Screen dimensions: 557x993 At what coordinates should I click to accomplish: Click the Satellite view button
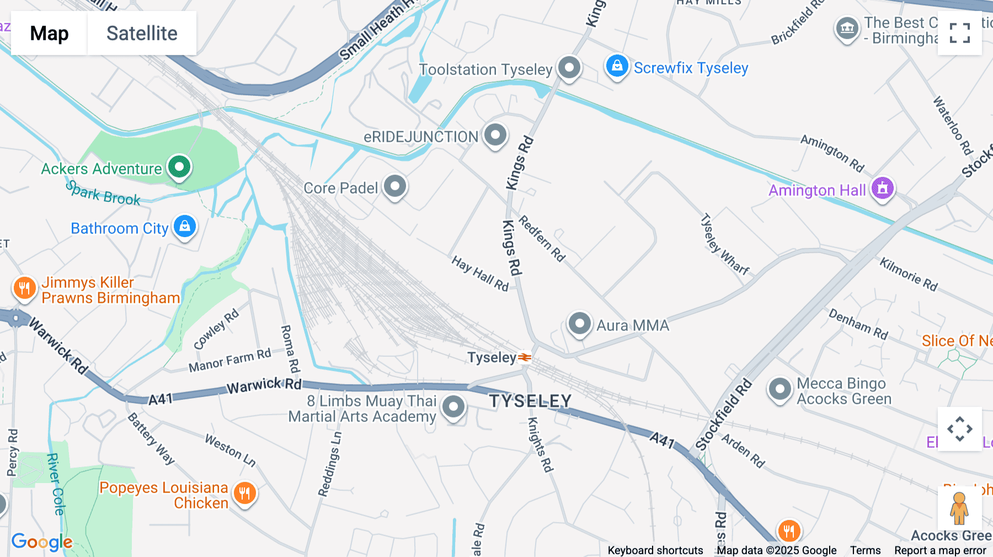[142, 33]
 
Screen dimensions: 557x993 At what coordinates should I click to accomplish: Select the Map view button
[49, 33]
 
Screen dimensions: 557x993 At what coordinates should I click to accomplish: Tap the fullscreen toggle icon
[959, 33]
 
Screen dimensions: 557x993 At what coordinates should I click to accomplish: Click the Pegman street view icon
[959, 508]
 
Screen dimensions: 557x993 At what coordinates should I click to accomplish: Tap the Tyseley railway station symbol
[525, 358]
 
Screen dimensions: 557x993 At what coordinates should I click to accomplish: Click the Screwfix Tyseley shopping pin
[617, 67]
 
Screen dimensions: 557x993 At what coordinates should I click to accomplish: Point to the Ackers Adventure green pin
[179, 167]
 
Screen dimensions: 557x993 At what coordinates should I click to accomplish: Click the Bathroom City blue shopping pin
[185, 227]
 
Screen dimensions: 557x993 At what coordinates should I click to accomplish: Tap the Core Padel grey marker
[395, 186]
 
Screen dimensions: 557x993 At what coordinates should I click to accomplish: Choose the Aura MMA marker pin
[579, 324]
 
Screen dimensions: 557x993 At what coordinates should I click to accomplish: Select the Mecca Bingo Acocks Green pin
[780, 389]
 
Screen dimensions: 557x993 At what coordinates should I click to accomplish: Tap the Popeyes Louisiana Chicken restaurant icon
[244, 493]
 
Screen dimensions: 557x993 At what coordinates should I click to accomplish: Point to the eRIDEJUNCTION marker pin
[495, 135]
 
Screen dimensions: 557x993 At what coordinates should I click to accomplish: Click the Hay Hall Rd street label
[480, 274]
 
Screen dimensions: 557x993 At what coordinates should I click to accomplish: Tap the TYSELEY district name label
[530, 401]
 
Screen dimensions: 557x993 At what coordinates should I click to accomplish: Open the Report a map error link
[940, 550]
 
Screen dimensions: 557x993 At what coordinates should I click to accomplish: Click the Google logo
[42, 542]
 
